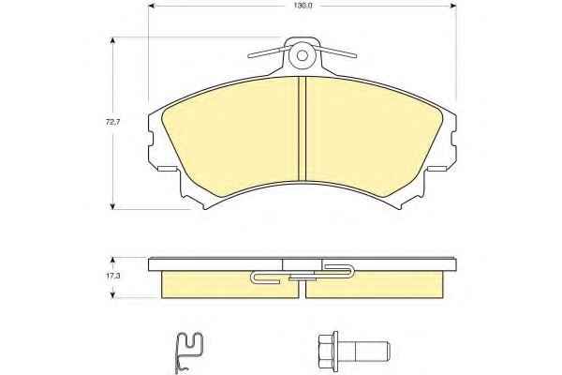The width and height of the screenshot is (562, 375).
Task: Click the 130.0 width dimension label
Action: point(303,6)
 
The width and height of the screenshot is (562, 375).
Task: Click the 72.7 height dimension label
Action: point(112,122)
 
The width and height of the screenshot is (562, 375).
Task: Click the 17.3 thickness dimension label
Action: point(113,277)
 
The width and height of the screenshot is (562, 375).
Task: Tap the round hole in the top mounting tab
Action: point(303,55)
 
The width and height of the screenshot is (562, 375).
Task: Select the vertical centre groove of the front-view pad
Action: point(303,129)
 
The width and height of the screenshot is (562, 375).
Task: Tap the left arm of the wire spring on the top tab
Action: point(267,52)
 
